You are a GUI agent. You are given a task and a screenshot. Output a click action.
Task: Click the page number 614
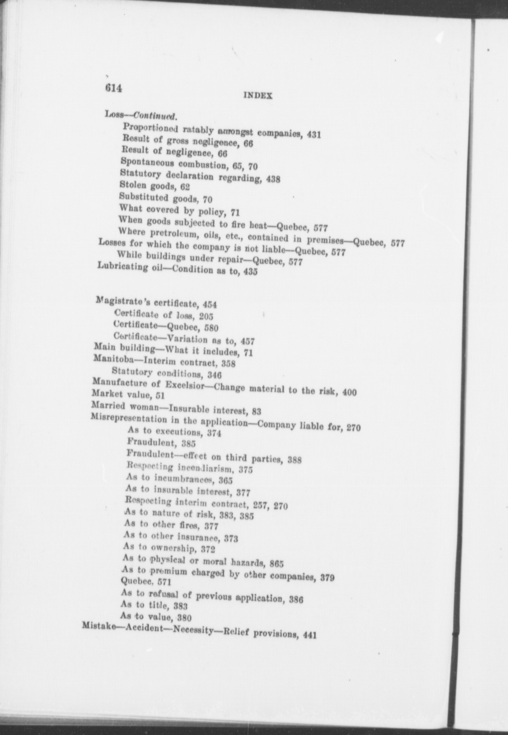pyautogui.click(x=114, y=88)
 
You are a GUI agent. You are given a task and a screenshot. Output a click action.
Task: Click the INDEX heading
pyautogui.click(x=258, y=96)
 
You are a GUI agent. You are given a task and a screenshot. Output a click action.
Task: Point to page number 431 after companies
pyautogui.click(x=314, y=135)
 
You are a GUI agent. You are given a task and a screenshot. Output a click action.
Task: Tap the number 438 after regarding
pyautogui.click(x=273, y=179)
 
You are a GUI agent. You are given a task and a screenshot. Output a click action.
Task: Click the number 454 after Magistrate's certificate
pyautogui.click(x=210, y=305)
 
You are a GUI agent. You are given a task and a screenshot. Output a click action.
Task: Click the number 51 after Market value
pyautogui.click(x=160, y=395)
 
